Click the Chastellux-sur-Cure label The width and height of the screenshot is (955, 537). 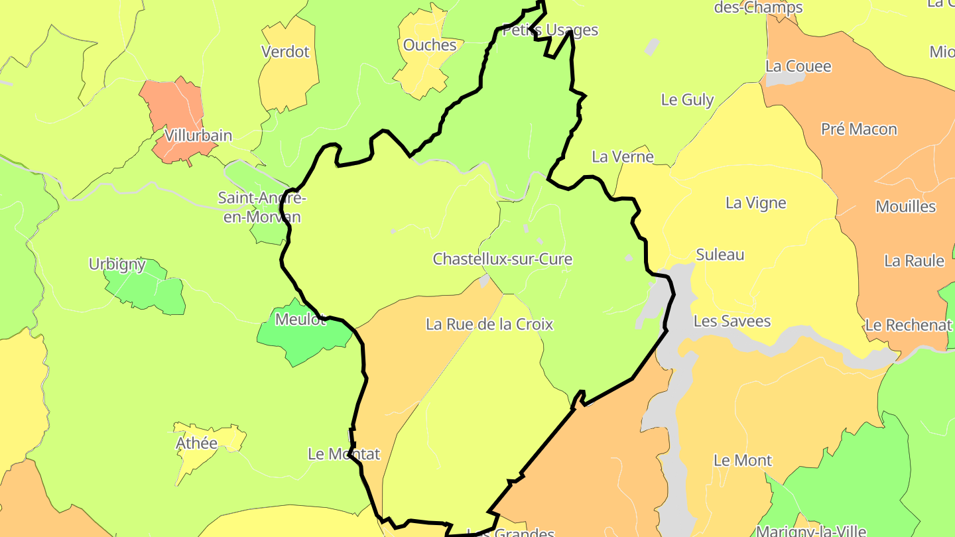(x=502, y=259)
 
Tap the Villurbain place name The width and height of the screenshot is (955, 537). (x=198, y=136)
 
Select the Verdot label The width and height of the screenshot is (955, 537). (x=285, y=52)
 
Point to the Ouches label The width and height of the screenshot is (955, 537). (x=430, y=45)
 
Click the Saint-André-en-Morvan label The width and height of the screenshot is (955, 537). (x=261, y=208)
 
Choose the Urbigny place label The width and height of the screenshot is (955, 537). (x=117, y=265)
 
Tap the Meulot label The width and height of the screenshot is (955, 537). (x=300, y=320)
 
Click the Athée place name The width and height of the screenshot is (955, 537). (x=196, y=443)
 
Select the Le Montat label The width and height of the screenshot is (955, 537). (x=344, y=454)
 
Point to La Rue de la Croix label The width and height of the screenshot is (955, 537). (x=489, y=324)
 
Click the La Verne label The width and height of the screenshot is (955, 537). (x=622, y=157)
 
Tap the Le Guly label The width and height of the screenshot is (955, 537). (x=687, y=100)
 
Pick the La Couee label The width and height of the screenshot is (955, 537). (x=798, y=66)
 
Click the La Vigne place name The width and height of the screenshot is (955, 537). (x=755, y=203)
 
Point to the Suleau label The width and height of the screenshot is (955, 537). (x=720, y=255)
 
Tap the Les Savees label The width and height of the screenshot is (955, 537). (x=732, y=322)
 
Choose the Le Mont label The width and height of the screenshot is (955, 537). (x=742, y=460)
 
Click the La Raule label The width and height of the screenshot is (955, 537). (x=913, y=261)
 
